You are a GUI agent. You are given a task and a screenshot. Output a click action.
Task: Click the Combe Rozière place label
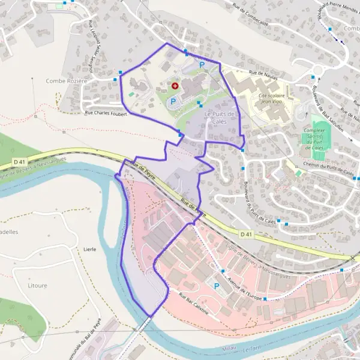[x=66, y=81]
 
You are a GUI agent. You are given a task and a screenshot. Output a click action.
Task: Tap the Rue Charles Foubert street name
[x=106, y=113]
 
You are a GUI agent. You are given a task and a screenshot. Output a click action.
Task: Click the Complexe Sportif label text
[x=314, y=133]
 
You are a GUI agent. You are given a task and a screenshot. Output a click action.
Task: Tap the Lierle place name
[x=90, y=248]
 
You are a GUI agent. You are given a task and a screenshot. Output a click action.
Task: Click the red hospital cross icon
[x=175, y=86]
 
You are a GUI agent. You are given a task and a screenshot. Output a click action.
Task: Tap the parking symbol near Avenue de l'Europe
[x=217, y=286]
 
